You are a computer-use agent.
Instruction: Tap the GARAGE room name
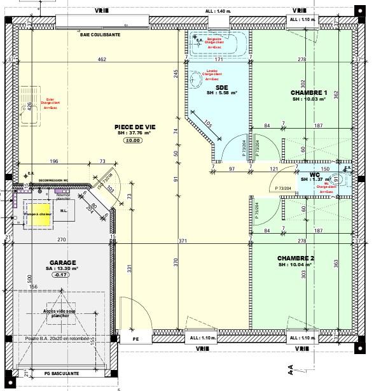click(x=63, y=262)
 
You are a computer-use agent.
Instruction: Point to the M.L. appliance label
click(x=64, y=211)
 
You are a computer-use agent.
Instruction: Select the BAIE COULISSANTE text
click(x=100, y=35)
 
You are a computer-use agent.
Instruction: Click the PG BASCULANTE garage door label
click(x=62, y=373)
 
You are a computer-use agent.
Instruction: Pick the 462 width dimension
click(x=101, y=60)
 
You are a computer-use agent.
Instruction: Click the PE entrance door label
click(x=135, y=339)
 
